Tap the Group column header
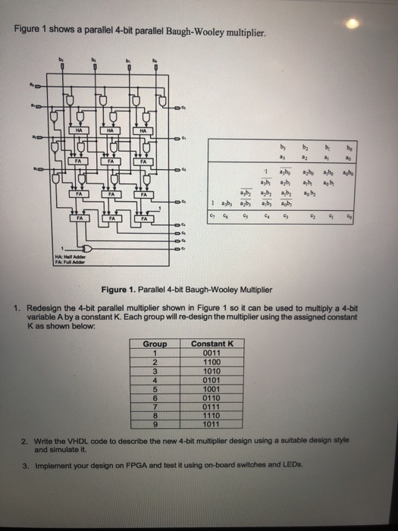coord(155,344)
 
